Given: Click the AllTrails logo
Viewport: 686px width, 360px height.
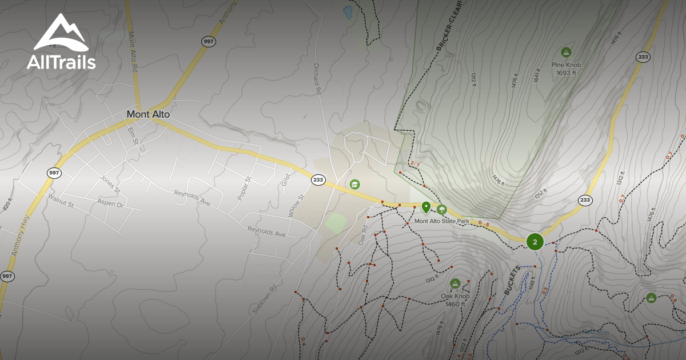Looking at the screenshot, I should click(x=61, y=42).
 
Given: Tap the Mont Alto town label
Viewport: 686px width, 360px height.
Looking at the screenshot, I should click(x=148, y=114).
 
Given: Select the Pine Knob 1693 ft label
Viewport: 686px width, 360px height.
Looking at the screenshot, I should click(x=566, y=69).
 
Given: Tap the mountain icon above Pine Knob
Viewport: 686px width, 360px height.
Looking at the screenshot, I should click(x=566, y=53).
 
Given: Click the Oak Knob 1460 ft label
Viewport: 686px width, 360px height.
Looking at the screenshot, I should click(x=455, y=299).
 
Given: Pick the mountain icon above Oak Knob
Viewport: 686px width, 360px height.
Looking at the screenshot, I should click(x=455, y=283).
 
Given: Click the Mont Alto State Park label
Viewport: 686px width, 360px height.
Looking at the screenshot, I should click(x=445, y=221).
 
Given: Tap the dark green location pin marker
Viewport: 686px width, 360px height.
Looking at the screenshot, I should click(x=426, y=207).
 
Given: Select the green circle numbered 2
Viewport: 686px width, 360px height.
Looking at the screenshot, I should click(x=535, y=242).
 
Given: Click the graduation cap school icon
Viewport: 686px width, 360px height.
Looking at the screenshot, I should click(x=354, y=184).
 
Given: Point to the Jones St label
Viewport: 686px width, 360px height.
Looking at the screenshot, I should click(x=110, y=183).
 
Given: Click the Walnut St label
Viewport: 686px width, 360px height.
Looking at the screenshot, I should click(x=61, y=201).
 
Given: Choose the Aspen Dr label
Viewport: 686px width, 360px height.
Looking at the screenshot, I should click(x=110, y=203).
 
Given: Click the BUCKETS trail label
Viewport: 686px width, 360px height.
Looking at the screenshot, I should click(x=513, y=280).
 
